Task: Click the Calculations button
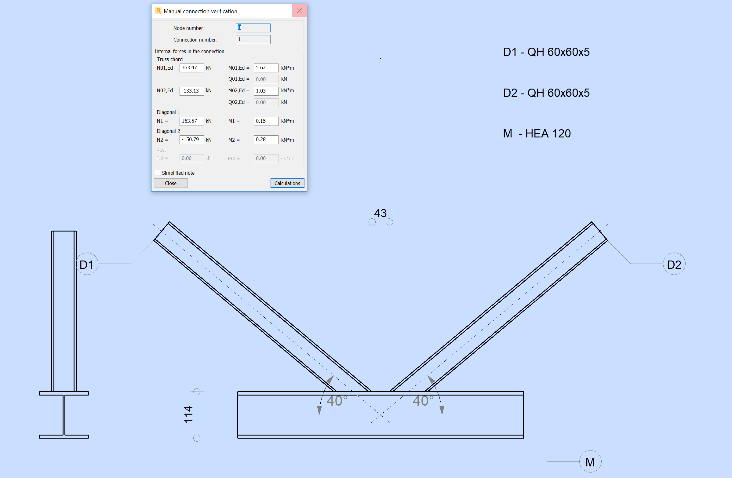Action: (287, 183)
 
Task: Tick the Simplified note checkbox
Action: (158, 173)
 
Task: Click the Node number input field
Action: (253, 28)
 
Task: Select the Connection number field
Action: (253, 39)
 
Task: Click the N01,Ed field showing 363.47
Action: (191, 68)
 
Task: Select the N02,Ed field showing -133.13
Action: (191, 91)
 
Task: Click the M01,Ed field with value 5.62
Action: (266, 68)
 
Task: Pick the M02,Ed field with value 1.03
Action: (266, 91)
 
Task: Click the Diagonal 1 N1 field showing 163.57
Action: (191, 121)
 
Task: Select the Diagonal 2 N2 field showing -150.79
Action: (191, 140)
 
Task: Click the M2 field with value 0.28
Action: (266, 140)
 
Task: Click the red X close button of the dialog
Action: (299, 11)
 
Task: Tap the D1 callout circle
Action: (87, 264)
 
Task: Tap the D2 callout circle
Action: (674, 264)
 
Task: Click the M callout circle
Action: (590, 462)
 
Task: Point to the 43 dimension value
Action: (380, 213)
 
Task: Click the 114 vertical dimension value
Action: (188, 414)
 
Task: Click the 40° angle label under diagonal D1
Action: (337, 401)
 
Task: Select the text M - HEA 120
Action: (537, 133)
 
